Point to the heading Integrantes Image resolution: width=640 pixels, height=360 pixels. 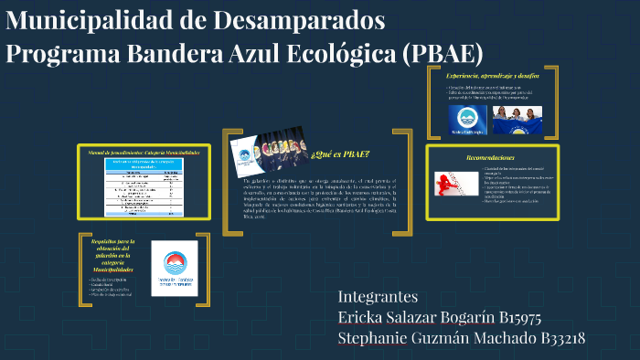[378, 297]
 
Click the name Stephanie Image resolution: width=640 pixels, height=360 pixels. [377, 339]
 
